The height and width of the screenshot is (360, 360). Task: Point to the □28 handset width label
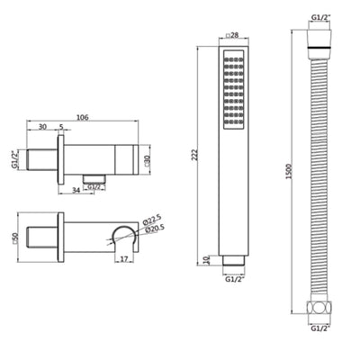(229, 36)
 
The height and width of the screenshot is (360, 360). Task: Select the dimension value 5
(61, 126)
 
